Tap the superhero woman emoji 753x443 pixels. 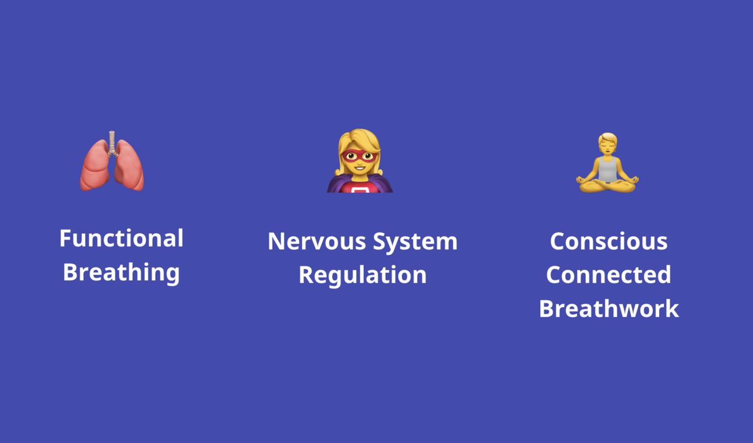[x=360, y=161]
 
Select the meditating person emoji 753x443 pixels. [x=607, y=163]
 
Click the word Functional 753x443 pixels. [x=121, y=238]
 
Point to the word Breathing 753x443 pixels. [x=121, y=272]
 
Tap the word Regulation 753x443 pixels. [x=363, y=275]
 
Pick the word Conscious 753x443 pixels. [x=608, y=241]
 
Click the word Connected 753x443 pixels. [x=608, y=275]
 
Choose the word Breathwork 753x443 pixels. [x=608, y=308]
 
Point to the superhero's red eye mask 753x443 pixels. [x=360, y=156]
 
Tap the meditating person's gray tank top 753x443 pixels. [x=607, y=169]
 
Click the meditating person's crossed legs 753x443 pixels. [x=607, y=186]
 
